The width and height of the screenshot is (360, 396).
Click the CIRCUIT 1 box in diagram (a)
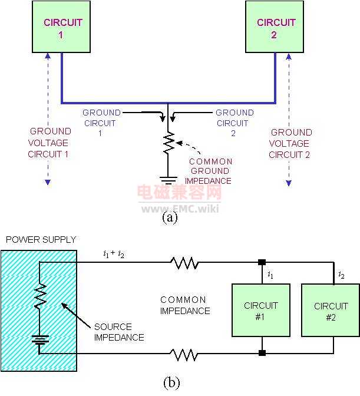61,27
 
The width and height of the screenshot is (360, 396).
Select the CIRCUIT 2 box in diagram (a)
275,27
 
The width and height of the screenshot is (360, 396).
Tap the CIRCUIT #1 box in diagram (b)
261,310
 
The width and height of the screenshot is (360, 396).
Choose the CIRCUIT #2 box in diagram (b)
331,310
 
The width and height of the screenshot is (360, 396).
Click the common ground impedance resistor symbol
169,143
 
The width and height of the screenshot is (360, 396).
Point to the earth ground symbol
168,180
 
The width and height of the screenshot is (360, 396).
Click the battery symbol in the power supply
40,339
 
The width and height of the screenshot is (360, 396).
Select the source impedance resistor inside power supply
40,296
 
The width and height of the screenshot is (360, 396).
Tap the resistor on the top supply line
184,263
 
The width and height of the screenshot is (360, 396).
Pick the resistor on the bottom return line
184,354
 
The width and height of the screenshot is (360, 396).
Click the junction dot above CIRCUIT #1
262,262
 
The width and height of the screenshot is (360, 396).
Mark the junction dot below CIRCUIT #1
262,353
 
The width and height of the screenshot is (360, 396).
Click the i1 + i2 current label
114,254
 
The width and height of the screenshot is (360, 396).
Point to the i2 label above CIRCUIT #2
341,275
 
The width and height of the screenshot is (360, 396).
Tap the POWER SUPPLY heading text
41,239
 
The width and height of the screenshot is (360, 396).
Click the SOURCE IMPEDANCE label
119,332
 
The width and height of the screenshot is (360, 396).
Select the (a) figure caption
170,217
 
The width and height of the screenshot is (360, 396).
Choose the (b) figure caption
171,382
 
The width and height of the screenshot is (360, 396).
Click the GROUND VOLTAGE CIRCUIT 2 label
290,143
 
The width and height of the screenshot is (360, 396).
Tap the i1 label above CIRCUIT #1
270,275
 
